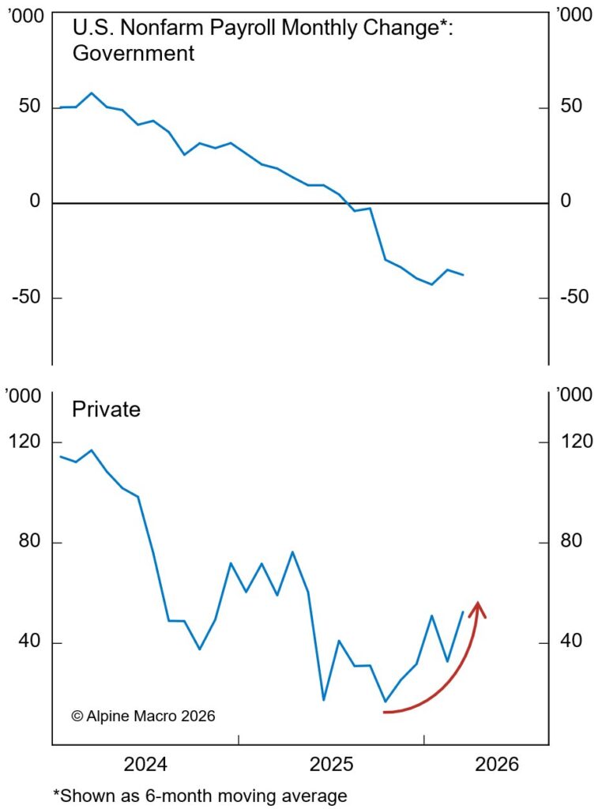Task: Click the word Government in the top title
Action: pos(133,54)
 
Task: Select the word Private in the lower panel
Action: pos(106,409)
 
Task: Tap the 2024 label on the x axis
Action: pos(145,765)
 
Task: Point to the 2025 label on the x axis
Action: pos(331,765)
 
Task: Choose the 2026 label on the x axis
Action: pos(497,765)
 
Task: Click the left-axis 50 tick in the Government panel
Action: pos(29,107)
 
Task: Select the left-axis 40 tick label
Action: pos(29,642)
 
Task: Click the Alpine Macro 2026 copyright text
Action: pos(143,716)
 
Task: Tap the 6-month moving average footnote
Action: pos(200,795)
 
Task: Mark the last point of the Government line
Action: pos(463,275)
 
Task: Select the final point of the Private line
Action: pos(463,611)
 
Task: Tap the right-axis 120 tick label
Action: pos(577,442)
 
